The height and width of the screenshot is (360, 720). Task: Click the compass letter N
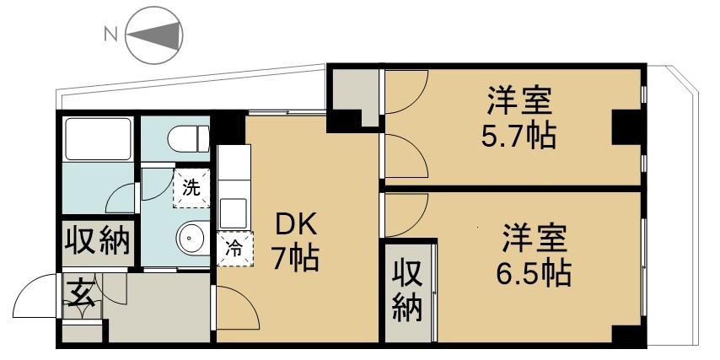click(109, 35)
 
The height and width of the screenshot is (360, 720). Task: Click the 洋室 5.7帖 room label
click(519, 117)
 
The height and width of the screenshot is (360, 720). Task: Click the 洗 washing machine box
click(192, 188)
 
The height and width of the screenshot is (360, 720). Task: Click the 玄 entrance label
click(81, 294)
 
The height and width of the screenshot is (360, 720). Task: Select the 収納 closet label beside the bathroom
click(98, 242)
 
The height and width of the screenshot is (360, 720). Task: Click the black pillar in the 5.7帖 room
click(626, 127)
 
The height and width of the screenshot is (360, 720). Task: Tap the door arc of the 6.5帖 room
click(405, 214)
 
